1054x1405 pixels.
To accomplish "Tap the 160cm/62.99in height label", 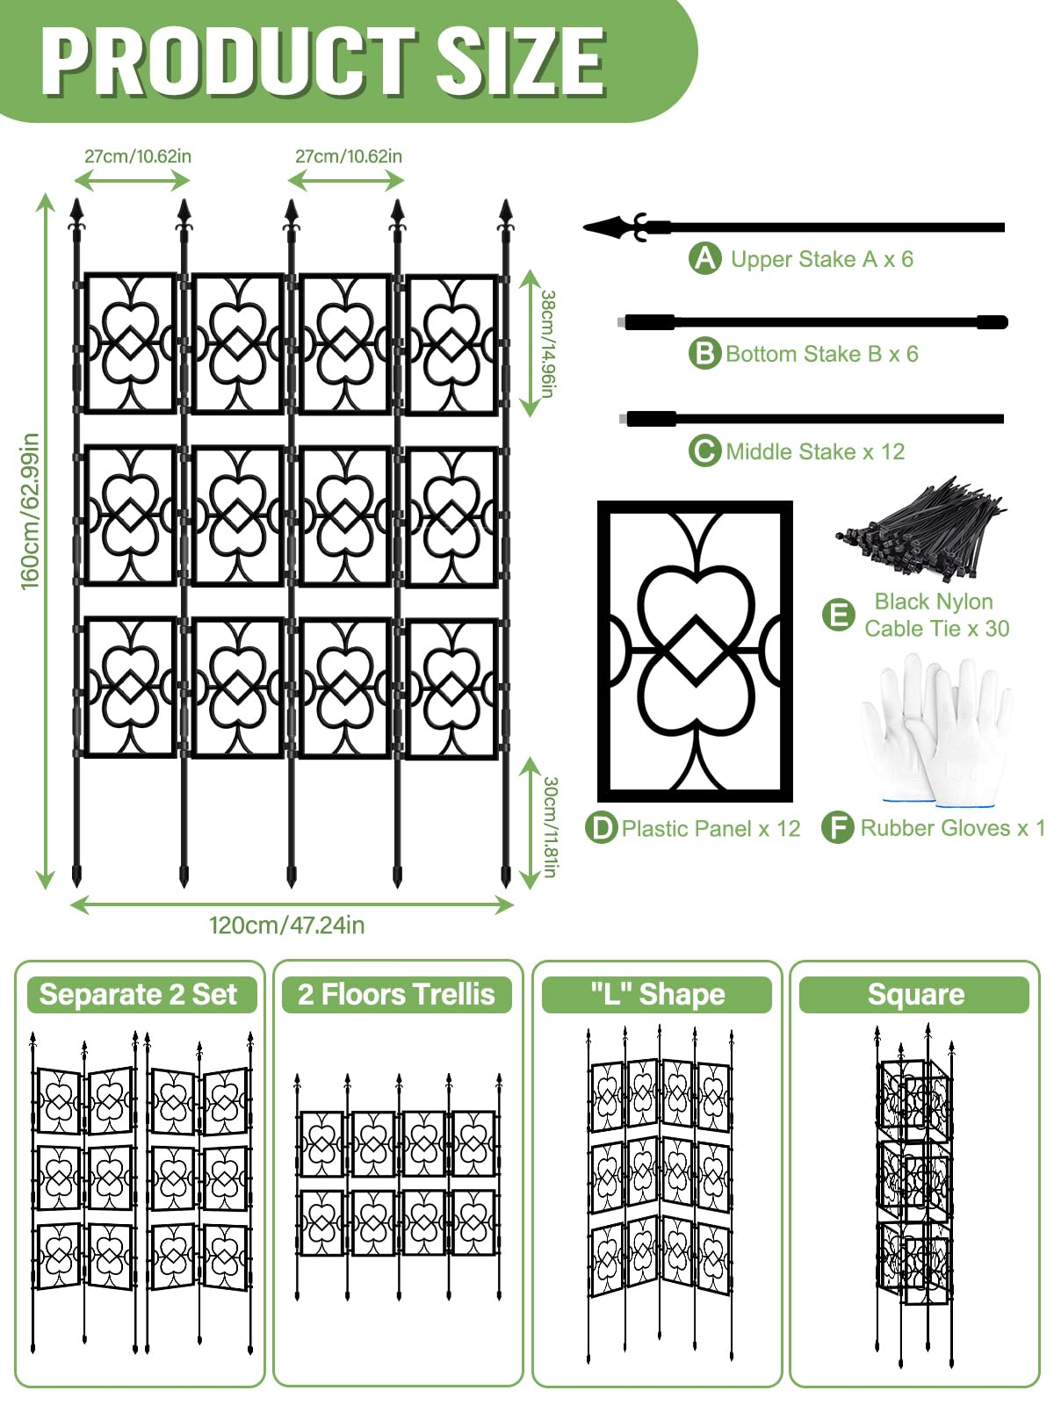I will [x=31, y=511].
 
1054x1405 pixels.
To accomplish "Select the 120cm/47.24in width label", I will [x=286, y=926].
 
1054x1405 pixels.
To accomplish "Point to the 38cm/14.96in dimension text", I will [x=547, y=343].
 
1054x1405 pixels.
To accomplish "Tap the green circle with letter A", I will [x=704, y=259].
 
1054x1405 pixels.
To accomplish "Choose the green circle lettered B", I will [x=704, y=354].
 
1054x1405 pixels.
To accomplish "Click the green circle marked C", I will [x=704, y=451].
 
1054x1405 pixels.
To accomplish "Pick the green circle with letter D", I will [x=602, y=828].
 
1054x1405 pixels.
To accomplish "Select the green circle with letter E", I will [x=839, y=615].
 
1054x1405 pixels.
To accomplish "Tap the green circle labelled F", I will [x=838, y=828].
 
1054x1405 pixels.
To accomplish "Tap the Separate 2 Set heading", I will [x=138, y=995].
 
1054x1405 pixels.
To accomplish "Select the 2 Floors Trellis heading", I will [x=396, y=995].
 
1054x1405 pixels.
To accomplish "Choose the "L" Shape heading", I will [x=657, y=995].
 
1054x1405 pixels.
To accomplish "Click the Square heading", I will [x=915, y=995].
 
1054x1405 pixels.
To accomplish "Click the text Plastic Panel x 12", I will [x=711, y=829].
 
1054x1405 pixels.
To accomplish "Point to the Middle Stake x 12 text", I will [x=814, y=452].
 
